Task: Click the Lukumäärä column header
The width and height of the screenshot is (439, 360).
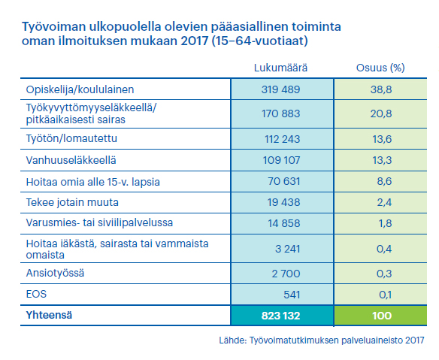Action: [280, 68]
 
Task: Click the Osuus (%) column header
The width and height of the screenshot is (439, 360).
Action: [380, 68]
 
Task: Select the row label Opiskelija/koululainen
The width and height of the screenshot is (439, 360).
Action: [80, 90]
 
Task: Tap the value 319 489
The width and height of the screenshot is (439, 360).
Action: [280, 89]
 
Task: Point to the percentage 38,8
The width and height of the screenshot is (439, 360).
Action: [381, 89]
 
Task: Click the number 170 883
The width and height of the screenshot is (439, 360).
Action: [281, 113]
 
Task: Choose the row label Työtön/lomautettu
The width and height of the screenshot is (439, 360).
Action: [71, 138]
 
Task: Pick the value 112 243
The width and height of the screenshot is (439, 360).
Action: [282, 139]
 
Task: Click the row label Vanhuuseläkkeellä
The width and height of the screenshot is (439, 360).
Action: [71, 160]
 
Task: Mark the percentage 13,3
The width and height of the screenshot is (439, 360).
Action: [382, 160]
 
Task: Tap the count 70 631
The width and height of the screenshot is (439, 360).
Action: [284, 181]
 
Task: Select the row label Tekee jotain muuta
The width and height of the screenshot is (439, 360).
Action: [72, 202]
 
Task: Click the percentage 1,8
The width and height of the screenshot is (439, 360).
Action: [384, 223]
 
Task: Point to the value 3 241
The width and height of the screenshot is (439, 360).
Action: [288, 249]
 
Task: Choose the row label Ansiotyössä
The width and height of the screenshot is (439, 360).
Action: [55, 273]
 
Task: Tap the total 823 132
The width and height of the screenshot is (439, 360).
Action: [280, 316]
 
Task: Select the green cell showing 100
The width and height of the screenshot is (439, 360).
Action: [380, 316]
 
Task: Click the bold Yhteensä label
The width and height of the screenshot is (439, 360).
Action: [49, 315]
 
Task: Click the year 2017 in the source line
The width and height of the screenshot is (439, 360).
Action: [414, 340]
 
